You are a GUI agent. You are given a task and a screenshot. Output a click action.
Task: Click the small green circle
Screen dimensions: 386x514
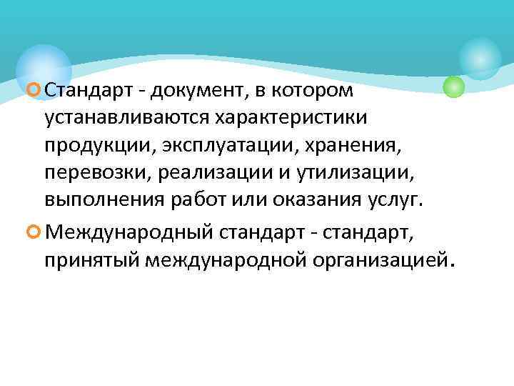click(453, 87)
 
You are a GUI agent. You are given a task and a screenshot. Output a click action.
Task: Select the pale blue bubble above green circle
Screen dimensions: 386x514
click(480, 57)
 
